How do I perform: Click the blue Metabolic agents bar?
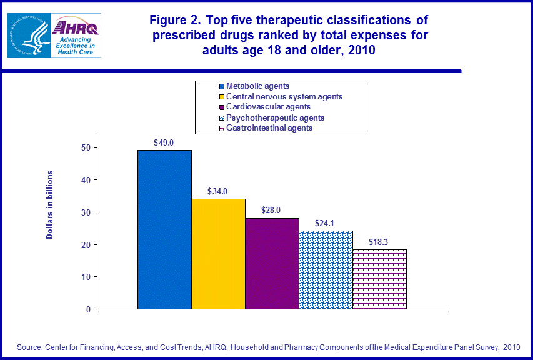click(164, 229)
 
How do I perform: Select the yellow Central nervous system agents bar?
click(218, 254)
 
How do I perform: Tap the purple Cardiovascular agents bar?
click(272, 263)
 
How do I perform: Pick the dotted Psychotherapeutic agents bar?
click(326, 269)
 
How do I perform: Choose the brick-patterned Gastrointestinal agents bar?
click(379, 279)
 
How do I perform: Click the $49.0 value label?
click(164, 143)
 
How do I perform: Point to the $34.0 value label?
click(218, 192)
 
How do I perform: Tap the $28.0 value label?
click(272, 211)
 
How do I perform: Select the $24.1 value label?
click(326, 224)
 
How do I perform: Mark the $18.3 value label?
click(379, 242)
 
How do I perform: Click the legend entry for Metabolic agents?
click(257, 86)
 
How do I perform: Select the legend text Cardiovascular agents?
click(268, 107)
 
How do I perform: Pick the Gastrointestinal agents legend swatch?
click(221, 129)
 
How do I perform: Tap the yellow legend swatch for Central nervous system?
click(221, 97)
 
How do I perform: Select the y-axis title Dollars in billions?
click(50, 204)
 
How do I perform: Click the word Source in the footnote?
click(28, 347)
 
